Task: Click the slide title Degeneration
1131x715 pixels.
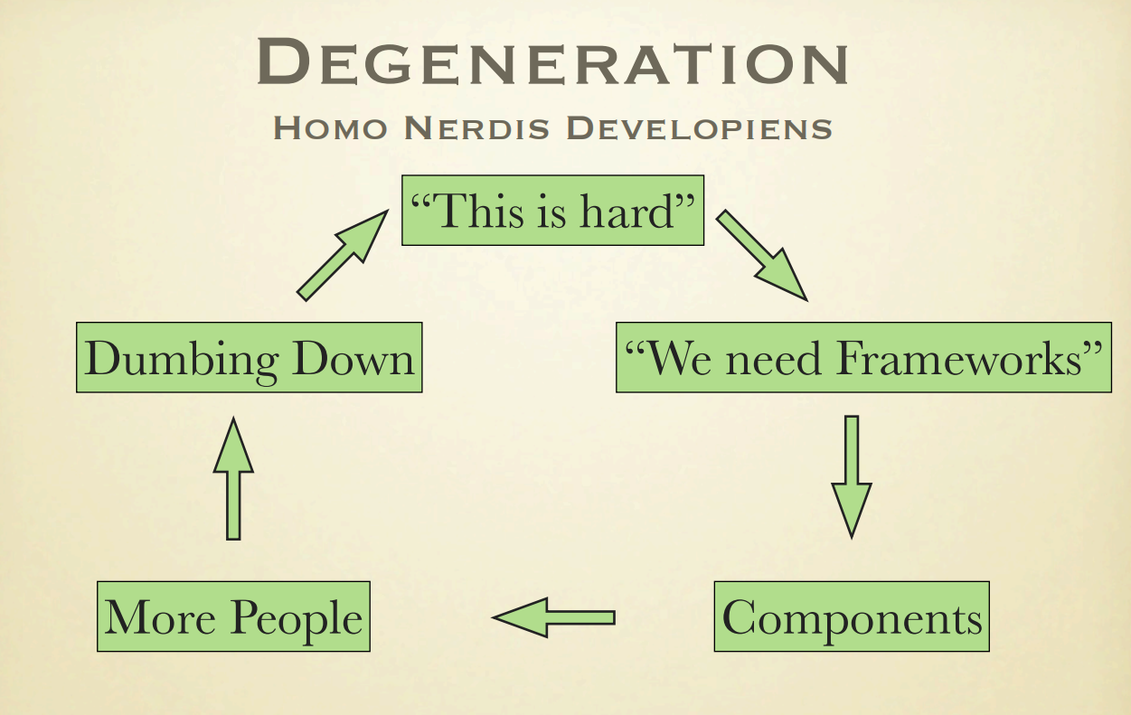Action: tap(553, 61)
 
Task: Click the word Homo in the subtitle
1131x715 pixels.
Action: tap(330, 127)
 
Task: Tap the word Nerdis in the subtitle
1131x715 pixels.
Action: tap(476, 127)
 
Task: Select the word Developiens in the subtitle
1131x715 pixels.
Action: tap(699, 127)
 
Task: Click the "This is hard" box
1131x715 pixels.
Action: tap(553, 211)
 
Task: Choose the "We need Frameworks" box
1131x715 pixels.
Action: tap(863, 358)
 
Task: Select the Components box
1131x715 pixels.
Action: tap(852, 616)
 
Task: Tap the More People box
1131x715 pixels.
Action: tap(234, 616)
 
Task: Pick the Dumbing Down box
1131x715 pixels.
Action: tap(250, 358)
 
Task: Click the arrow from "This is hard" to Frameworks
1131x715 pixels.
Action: tap(761, 255)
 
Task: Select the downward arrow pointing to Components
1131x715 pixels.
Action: tap(852, 477)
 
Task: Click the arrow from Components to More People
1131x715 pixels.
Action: tap(554, 617)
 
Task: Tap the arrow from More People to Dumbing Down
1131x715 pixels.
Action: tap(233, 479)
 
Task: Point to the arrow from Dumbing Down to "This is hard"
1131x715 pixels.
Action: tap(343, 256)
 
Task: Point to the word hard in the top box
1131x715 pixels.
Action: tap(627, 212)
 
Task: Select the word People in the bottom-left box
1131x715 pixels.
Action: tap(297, 619)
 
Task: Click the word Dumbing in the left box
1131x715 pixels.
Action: tap(181, 361)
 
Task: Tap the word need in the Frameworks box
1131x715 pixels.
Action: tap(774, 359)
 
